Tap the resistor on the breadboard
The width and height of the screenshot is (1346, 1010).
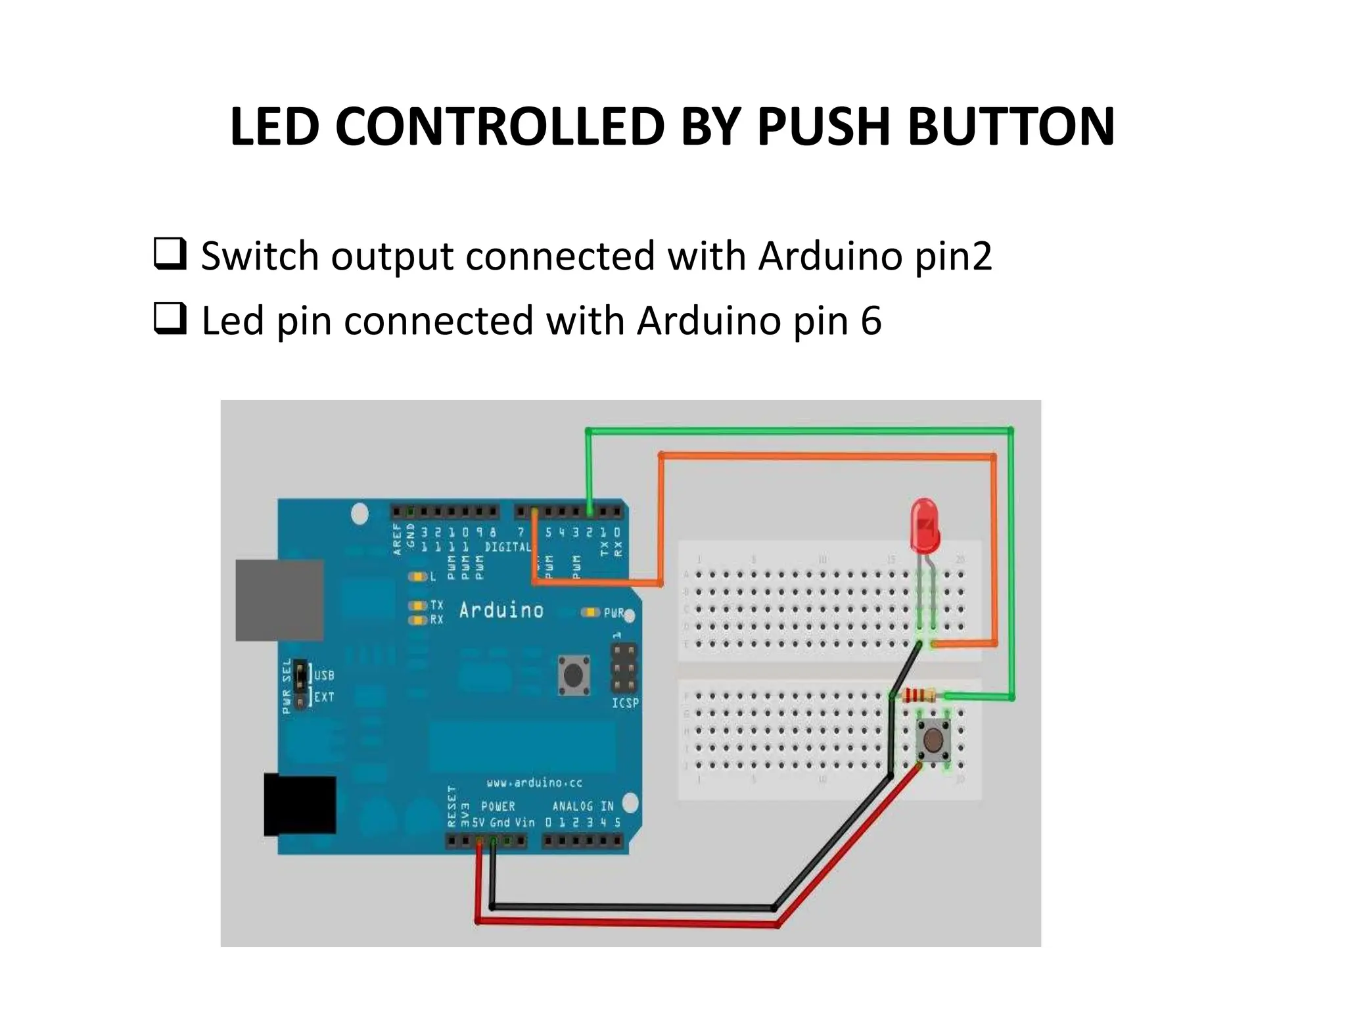click(x=920, y=694)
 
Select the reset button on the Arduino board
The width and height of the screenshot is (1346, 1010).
click(x=573, y=674)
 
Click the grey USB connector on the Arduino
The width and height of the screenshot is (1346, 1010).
click(x=279, y=600)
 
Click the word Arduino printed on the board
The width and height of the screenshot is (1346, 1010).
click(x=501, y=611)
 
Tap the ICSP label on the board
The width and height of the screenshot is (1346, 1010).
click(x=625, y=703)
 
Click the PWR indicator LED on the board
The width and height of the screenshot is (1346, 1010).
click(x=590, y=613)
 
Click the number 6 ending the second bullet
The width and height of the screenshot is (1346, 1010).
click(x=870, y=321)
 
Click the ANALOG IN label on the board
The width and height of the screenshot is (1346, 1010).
click(x=582, y=806)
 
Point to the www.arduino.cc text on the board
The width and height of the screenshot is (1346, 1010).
click(x=534, y=782)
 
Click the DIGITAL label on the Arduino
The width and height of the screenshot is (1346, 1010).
click(x=507, y=547)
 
